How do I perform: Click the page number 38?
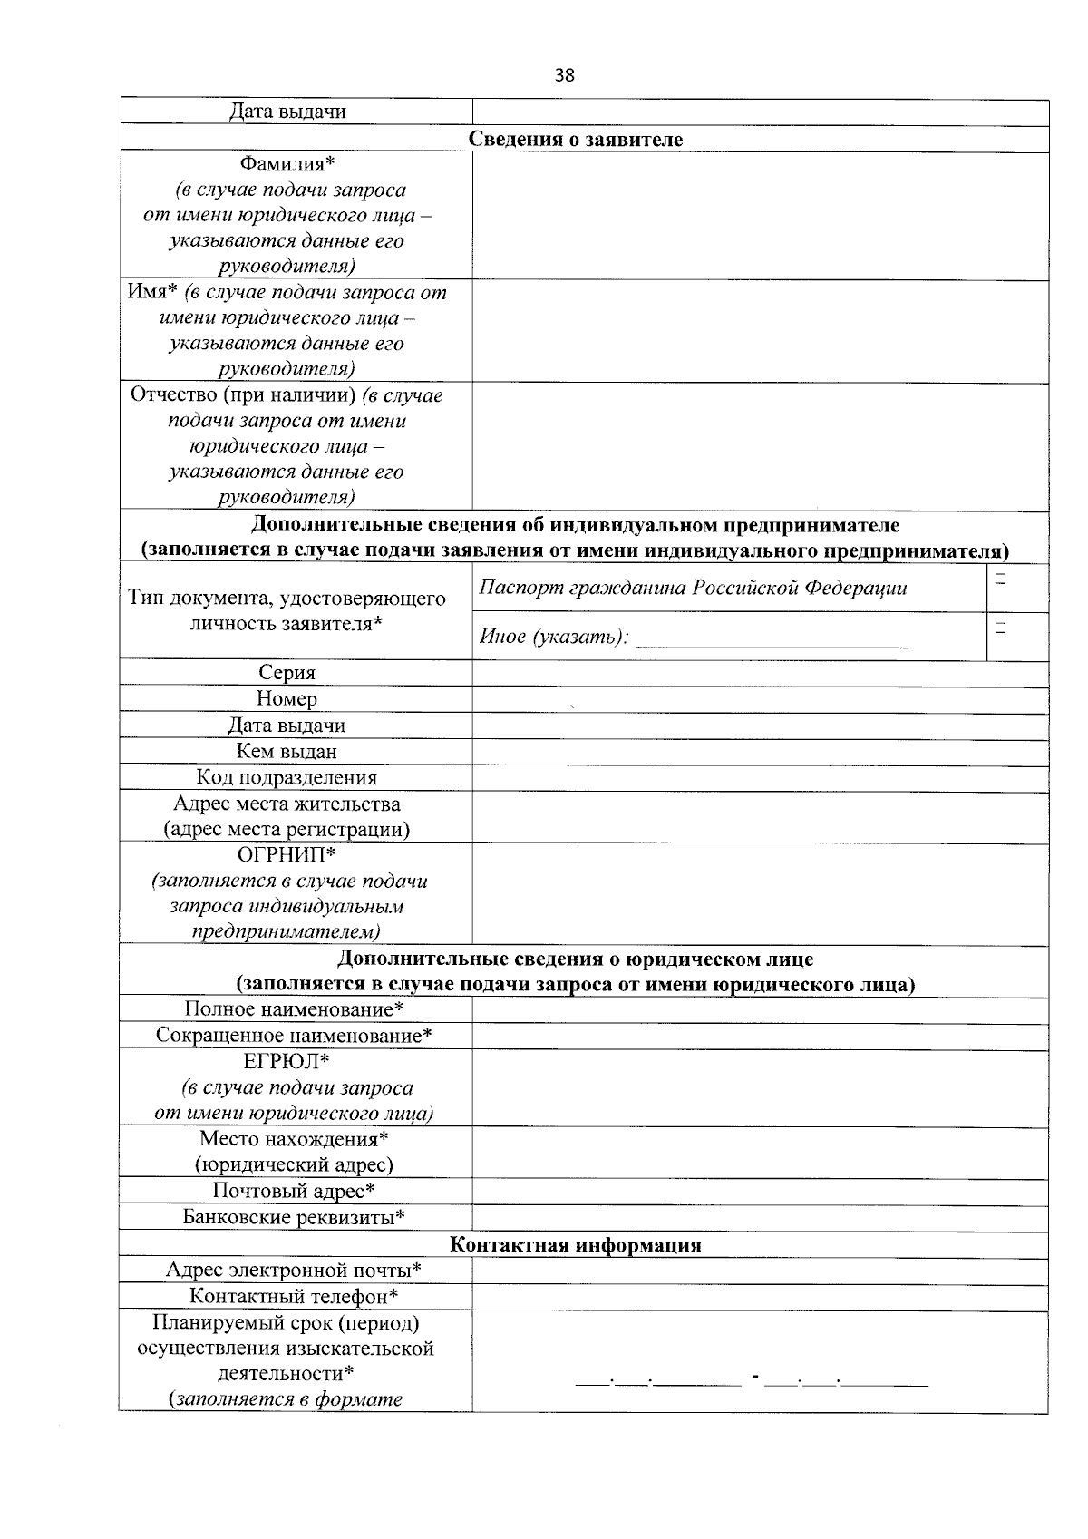tap(564, 75)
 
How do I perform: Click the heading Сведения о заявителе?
tap(575, 139)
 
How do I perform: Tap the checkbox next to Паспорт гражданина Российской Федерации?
tap(999, 579)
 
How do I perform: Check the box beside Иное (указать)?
tap(999, 628)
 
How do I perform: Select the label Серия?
tap(287, 672)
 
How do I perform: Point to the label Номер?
tap(287, 698)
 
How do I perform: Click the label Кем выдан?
tap(287, 751)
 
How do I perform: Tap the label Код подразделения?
tap(287, 777)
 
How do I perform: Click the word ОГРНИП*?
tap(287, 855)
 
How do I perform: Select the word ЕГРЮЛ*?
tap(287, 1061)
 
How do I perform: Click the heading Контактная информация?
tap(575, 1245)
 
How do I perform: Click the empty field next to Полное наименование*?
tap(760, 1009)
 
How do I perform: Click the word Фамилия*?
tap(287, 164)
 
